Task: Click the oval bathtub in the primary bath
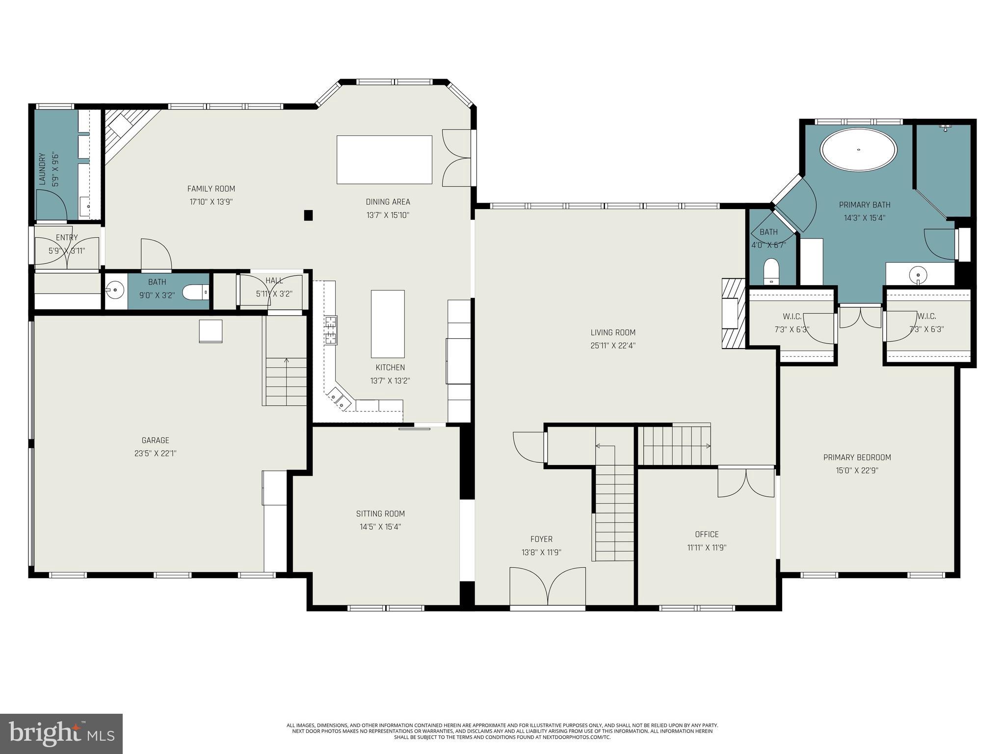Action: [x=859, y=150]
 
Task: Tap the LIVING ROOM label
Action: [x=613, y=332]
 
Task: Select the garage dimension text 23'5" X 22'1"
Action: [x=155, y=454]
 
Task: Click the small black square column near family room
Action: [x=308, y=215]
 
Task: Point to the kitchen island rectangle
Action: [x=388, y=324]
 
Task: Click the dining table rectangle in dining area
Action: [x=384, y=160]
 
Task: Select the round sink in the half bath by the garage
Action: [x=115, y=290]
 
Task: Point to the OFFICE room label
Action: [x=707, y=534]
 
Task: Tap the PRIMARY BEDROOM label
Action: [x=857, y=457]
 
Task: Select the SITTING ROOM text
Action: [x=380, y=513]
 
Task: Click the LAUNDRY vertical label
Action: [x=43, y=169]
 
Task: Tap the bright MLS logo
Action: [x=61, y=733]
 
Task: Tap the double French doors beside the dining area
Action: [x=456, y=158]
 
